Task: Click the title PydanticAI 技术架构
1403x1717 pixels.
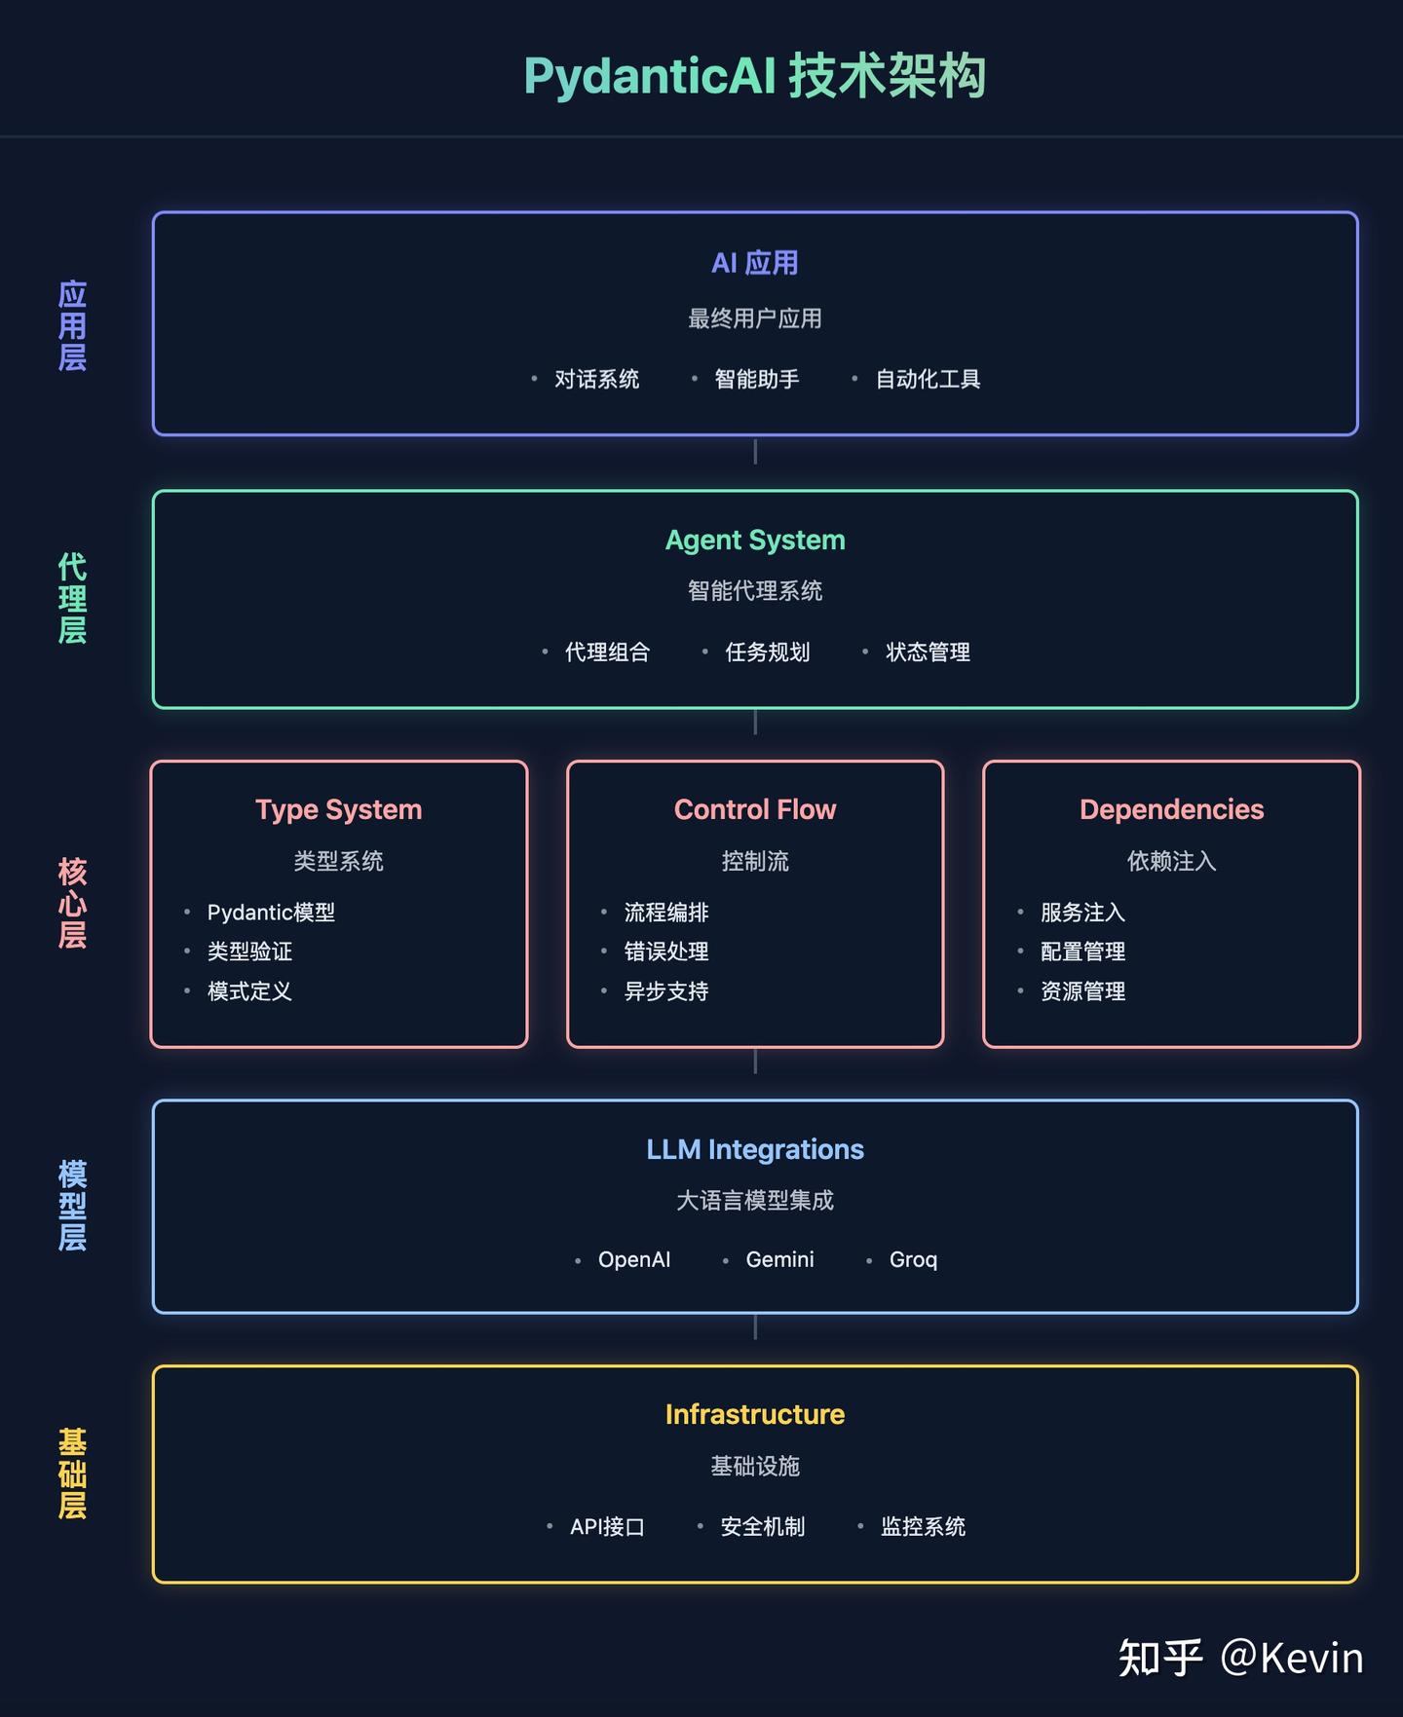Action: point(755,76)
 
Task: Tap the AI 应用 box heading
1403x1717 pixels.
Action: point(755,263)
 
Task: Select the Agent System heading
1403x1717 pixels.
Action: point(755,540)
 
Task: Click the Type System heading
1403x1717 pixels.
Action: point(338,809)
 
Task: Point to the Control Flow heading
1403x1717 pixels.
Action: point(755,809)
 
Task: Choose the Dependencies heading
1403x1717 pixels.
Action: point(1171,809)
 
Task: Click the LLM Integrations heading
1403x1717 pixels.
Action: point(755,1149)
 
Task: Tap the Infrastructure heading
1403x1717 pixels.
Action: point(755,1414)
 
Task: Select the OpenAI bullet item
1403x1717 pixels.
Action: point(634,1259)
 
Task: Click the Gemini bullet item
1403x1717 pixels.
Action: point(779,1259)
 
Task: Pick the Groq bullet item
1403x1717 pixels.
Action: point(913,1259)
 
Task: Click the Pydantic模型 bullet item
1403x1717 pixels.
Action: point(271,913)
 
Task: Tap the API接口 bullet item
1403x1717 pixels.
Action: point(607,1526)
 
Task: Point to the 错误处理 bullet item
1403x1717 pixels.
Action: point(666,952)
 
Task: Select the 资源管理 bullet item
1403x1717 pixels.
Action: point(1082,991)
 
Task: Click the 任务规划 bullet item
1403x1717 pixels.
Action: point(768,652)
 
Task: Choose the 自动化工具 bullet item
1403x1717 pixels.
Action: point(928,379)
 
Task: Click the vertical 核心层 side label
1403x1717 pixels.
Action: point(72,903)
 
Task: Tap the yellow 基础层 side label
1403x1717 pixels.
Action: point(72,1473)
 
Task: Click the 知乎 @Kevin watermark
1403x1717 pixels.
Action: point(1240,1658)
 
